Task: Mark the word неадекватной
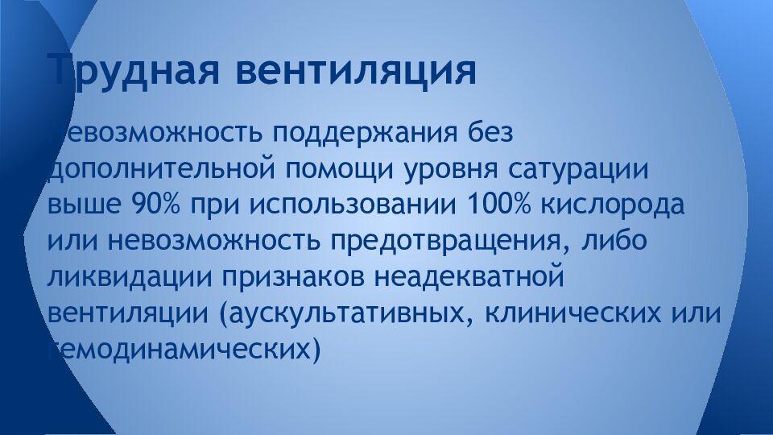coord(466,276)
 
